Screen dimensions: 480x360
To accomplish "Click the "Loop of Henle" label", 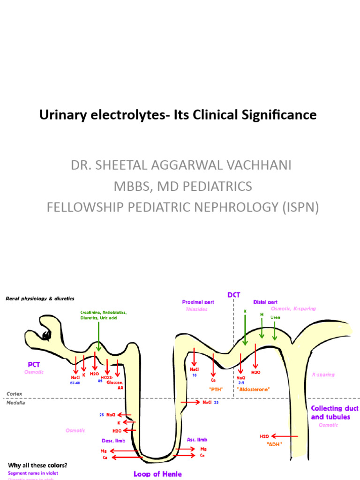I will pos(157,474).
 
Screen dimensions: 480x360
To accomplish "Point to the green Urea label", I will pos(275,317).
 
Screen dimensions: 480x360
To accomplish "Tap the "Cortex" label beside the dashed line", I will pos(15,394).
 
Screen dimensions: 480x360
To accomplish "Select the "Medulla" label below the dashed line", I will pos(15,402).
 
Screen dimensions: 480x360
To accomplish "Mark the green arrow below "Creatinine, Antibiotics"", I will pos(98,337).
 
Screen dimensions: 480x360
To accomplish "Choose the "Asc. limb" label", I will pos(196,440).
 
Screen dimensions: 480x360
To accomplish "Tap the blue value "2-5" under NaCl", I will pos(241,382).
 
